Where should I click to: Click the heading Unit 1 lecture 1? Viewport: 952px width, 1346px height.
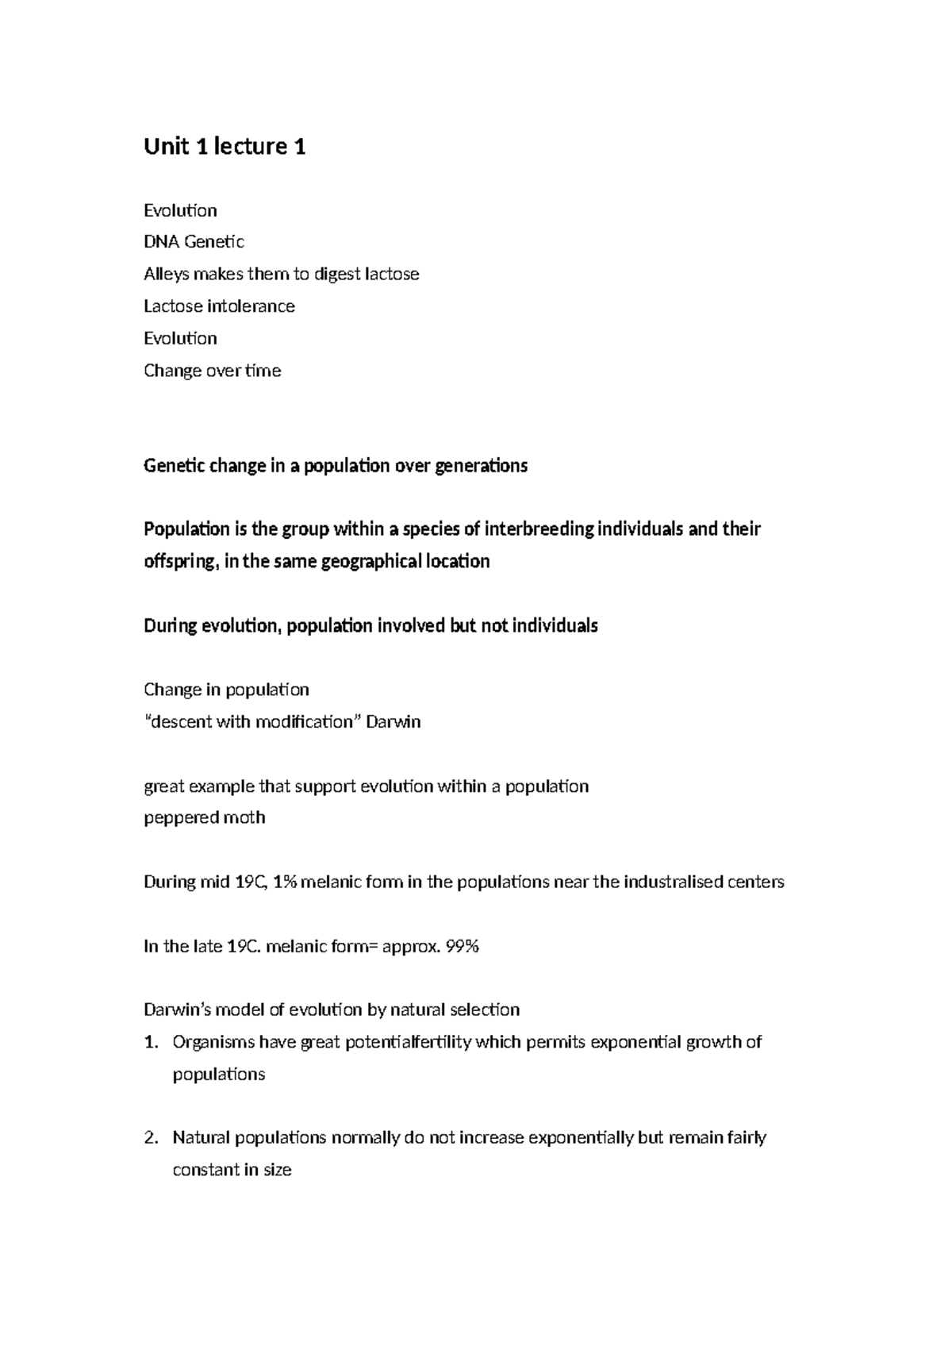click(x=225, y=147)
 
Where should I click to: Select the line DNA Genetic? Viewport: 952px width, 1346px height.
click(x=194, y=242)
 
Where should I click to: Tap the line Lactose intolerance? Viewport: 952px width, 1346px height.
click(x=219, y=306)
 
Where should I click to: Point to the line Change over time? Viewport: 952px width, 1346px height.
click(x=212, y=371)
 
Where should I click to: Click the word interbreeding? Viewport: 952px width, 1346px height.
click(x=539, y=529)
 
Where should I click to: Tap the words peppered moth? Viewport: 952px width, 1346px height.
click(x=204, y=818)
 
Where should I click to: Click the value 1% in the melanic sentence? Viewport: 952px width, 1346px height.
click(x=284, y=883)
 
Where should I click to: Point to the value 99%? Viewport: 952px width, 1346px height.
click(x=463, y=947)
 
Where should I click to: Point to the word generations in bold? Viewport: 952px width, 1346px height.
click(x=481, y=466)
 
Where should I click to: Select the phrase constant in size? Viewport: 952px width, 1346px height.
click(x=232, y=1171)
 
